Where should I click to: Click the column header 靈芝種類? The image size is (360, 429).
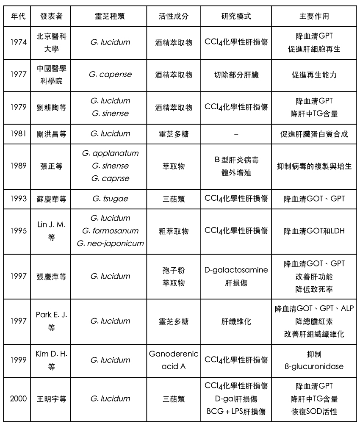click(110, 16)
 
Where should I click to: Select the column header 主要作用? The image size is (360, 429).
click(314, 16)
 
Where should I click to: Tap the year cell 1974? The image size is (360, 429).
click(18, 42)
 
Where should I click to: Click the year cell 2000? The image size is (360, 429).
click(18, 399)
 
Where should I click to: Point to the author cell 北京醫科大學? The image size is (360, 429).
click(52, 42)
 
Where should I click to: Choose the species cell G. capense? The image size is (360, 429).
click(110, 75)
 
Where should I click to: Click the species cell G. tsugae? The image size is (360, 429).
click(110, 198)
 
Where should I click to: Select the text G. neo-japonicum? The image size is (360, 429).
click(110, 244)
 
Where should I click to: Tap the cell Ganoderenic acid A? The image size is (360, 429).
click(174, 360)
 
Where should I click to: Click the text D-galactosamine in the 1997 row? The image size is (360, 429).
click(236, 270)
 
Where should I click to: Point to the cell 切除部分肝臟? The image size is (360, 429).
click(236, 75)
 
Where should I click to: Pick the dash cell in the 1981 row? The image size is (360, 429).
click(236, 134)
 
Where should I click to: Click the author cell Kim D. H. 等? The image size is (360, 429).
click(52, 360)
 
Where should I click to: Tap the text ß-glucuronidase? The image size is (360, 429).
click(314, 366)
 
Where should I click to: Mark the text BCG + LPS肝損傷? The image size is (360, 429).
click(236, 411)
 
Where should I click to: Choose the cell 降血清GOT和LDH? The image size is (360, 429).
click(314, 231)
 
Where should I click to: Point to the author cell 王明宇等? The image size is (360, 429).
click(52, 399)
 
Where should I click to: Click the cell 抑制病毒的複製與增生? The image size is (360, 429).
click(314, 166)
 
